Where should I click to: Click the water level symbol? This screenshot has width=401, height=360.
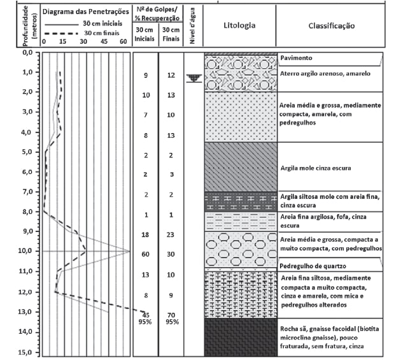(x=194, y=78)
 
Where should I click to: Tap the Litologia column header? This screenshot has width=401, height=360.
(x=239, y=25)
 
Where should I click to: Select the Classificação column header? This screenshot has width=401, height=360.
(x=332, y=25)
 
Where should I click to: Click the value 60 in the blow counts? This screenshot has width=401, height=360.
(x=145, y=254)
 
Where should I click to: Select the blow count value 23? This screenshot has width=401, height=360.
(x=171, y=234)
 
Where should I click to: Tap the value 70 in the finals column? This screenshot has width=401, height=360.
(x=171, y=315)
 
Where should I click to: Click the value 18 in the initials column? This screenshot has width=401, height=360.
(x=145, y=234)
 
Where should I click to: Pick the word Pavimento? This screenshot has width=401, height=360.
(x=296, y=57)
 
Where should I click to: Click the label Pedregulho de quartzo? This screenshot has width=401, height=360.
(x=313, y=266)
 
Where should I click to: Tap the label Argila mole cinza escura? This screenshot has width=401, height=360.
(x=316, y=168)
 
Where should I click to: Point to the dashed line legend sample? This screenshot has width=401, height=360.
(x=61, y=33)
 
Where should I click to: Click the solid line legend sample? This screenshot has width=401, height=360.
(x=62, y=25)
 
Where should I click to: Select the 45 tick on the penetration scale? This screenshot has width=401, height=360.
(x=104, y=41)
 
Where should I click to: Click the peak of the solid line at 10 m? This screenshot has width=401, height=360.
(x=130, y=251)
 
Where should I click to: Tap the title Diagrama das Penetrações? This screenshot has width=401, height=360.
(x=86, y=11)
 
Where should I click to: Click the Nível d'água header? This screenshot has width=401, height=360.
(x=193, y=25)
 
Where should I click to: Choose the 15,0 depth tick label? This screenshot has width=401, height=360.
(x=25, y=352)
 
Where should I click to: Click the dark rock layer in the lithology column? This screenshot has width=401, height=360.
(x=241, y=337)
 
